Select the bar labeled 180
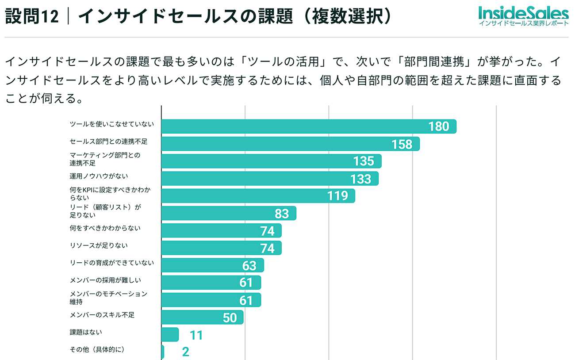(x=308, y=126)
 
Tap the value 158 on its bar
(x=402, y=144)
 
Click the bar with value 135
(x=271, y=161)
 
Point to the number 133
(x=360, y=179)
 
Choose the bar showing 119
(x=258, y=196)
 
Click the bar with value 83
(x=228, y=213)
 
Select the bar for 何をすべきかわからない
(x=221, y=231)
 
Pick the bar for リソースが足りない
(x=221, y=248)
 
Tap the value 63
(x=249, y=265)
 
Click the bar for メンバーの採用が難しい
(x=211, y=283)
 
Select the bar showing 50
(x=202, y=317)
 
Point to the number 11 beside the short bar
(x=196, y=335)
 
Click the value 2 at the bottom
(x=186, y=352)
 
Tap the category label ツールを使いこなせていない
(x=112, y=124)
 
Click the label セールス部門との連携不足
(x=108, y=142)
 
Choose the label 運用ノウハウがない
(x=99, y=176)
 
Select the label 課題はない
(x=86, y=332)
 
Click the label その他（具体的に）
(x=97, y=349)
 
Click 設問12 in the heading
(x=31, y=17)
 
